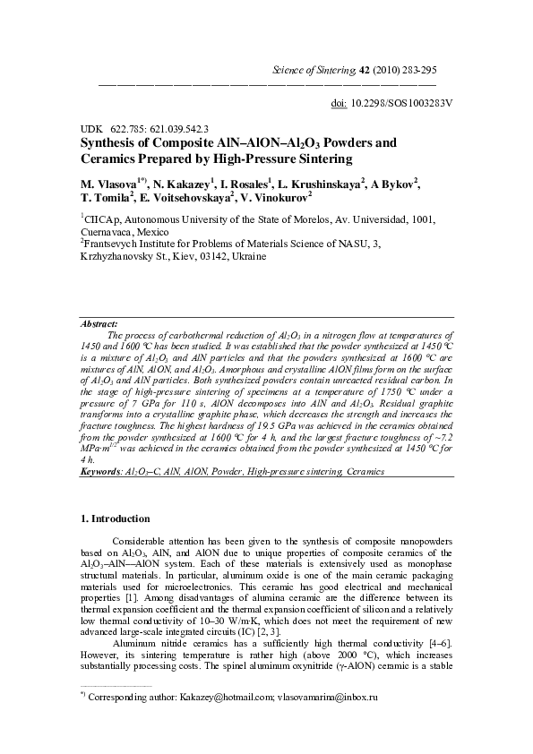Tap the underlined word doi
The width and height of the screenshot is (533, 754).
pos(340,103)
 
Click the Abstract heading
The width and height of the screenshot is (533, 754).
pos(99,323)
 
